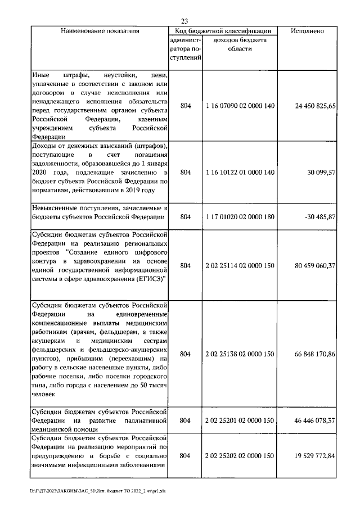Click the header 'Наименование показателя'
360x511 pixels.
coord(100,31)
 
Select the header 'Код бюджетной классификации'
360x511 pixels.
coord(223,31)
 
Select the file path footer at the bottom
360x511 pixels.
coord(98,490)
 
